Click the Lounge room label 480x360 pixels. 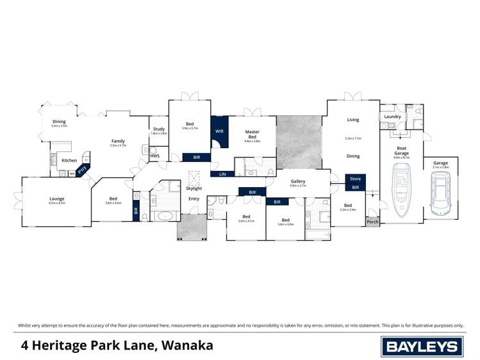(57, 199)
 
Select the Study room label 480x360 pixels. (158, 129)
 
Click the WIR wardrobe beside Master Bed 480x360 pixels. (219, 131)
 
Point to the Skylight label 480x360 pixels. (194, 188)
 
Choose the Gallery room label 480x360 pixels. (298, 181)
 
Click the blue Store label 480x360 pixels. (355, 179)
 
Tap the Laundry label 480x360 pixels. (392, 117)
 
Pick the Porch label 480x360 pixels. (372, 222)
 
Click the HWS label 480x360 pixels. (154, 156)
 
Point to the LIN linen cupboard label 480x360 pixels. (222, 174)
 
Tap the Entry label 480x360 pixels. (194, 199)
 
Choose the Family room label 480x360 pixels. (118, 141)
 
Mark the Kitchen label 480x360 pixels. (69, 160)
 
